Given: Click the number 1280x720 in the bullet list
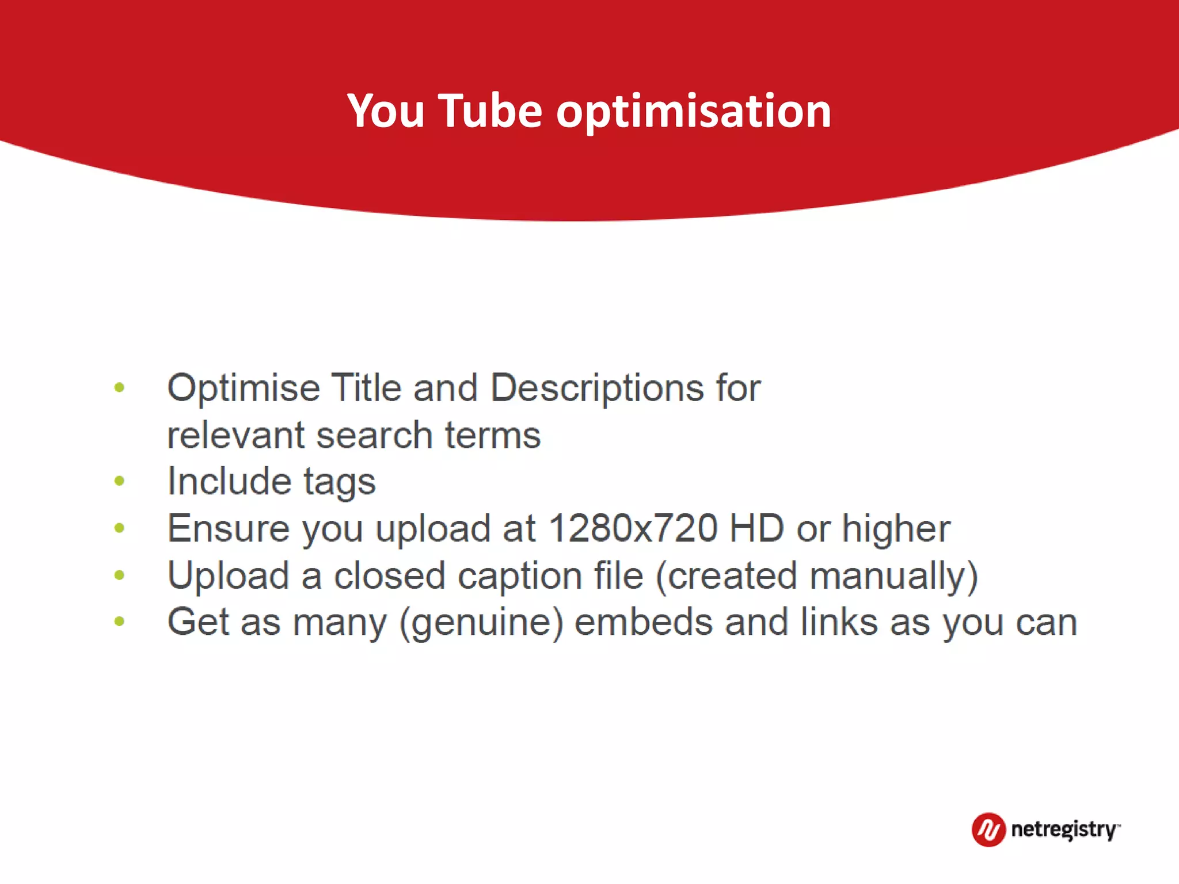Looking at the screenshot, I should click(633, 528).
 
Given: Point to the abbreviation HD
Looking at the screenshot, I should click(756, 528).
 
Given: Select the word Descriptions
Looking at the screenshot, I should click(597, 388).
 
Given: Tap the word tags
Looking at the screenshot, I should click(339, 482).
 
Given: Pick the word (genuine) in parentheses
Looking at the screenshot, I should click(481, 623).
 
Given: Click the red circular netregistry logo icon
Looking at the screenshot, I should click(988, 830).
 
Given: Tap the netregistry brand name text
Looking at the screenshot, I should click(1064, 830).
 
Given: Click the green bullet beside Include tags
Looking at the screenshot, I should click(120, 481).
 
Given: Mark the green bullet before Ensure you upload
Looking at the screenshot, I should click(120, 528).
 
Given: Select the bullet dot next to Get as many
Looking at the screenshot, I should click(120, 621).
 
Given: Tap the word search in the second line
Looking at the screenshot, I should click(374, 435).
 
